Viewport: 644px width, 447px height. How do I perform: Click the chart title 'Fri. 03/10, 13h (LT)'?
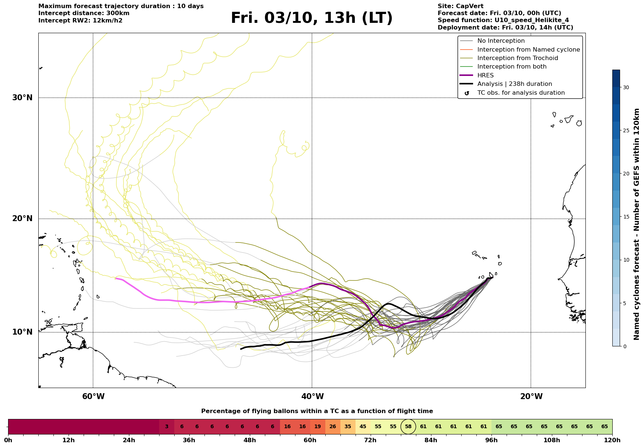[312, 18]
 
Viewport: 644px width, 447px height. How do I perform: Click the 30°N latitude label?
[22, 98]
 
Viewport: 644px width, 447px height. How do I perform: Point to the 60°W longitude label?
[93, 397]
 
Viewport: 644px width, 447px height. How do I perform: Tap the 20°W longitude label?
[531, 397]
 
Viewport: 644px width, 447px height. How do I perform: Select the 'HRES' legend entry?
[485, 76]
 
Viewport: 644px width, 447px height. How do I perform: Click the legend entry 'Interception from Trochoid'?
[517, 58]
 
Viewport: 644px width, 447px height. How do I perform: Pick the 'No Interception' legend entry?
[501, 41]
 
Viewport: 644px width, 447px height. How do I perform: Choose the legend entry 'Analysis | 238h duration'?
[514, 84]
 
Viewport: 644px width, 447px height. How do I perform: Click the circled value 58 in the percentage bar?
[408, 427]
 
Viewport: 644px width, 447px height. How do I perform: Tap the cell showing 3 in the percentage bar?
[167, 427]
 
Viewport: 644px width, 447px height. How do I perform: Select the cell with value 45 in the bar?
[363, 427]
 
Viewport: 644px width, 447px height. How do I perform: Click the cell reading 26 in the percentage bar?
[333, 427]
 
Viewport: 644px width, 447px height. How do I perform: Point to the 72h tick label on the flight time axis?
[370, 440]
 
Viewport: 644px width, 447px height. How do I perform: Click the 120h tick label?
[612, 440]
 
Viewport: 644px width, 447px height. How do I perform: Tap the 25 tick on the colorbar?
[626, 130]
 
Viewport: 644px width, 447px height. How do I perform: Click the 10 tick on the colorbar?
[626, 260]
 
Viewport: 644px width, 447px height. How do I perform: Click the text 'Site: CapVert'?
[460, 6]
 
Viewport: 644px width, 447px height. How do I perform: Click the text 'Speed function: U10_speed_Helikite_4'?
[503, 20]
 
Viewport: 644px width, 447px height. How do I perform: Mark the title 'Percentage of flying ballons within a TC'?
[317, 411]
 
